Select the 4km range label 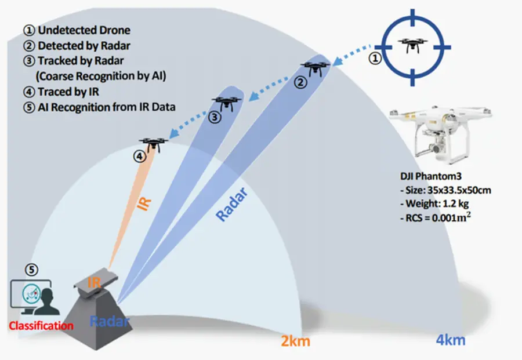tap(450, 339)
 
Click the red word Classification tap(41, 325)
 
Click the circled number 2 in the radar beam tap(300, 82)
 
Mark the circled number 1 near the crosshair tap(376, 59)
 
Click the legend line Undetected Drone tap(79, 30)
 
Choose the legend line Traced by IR tap(74, 92)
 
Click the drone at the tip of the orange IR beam tap(153, 143)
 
